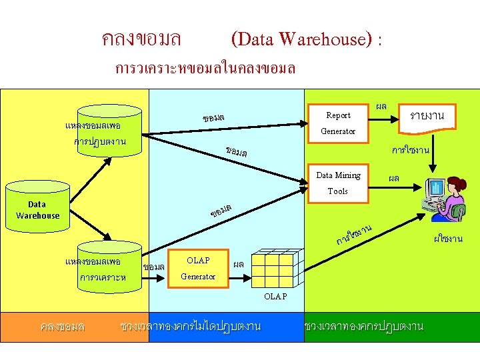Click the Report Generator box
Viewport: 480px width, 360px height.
tap(338, 123)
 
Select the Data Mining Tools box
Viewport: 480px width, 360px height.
tap(338, 183)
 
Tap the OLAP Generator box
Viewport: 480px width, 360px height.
tap(198, 268)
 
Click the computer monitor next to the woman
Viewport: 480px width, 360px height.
tap(435, 191)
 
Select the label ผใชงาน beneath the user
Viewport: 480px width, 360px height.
tap(447, 239)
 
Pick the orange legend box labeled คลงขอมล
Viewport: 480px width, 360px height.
tap(62, 327)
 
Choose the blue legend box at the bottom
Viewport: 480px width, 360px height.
tap(190, 327)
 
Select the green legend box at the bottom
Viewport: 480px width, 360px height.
tap(363, 327)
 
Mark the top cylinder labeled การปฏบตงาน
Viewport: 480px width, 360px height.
tap(101, 130)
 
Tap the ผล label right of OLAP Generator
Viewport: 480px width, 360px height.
tap(238, 264)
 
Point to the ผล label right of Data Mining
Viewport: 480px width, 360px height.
tap(394, 178)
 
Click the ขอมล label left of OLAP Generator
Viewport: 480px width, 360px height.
tap(154, 267)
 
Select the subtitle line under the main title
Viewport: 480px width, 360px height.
tap(205, 69)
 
